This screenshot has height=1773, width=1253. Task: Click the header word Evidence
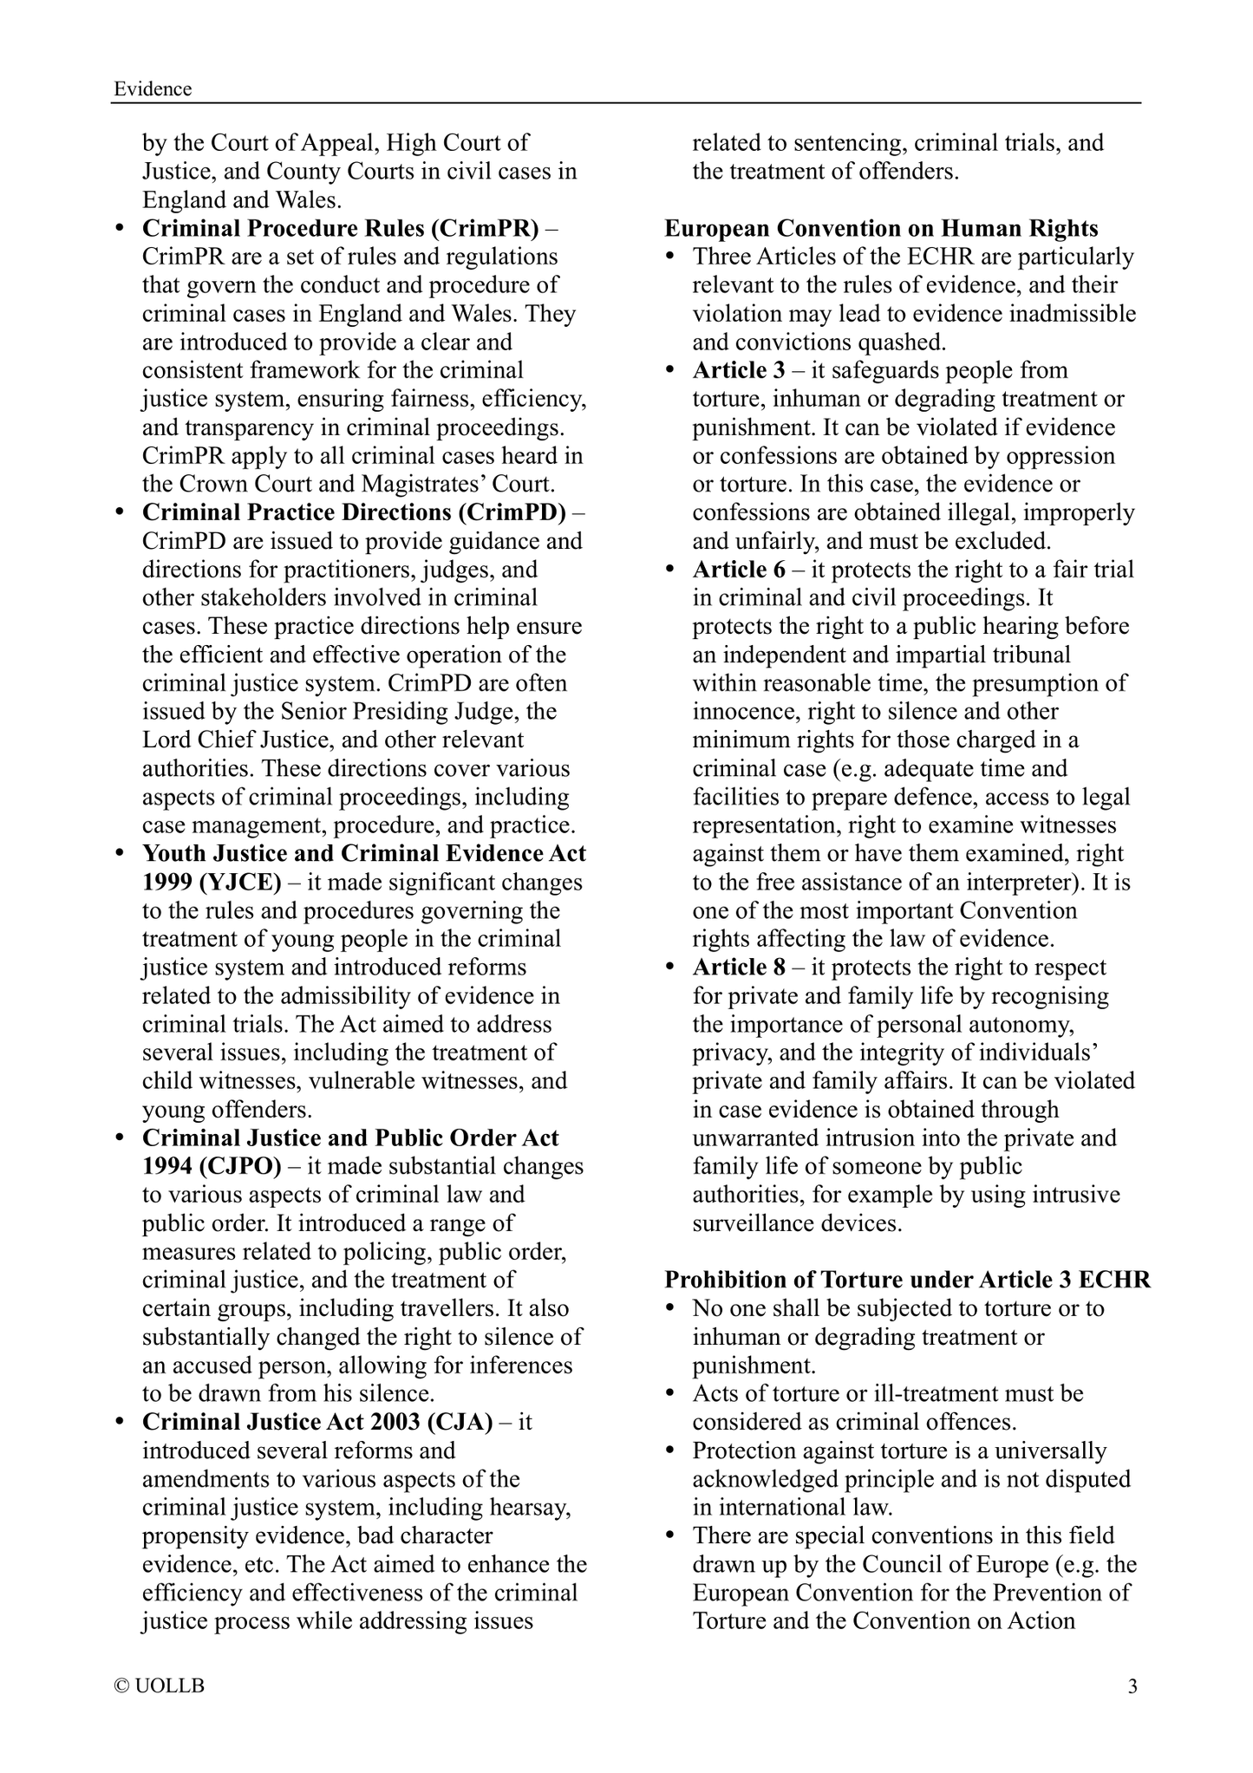pyautogui.click(x=153, y=88)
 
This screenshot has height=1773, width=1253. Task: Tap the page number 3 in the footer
pyautogui.click(x=1132, y=1686)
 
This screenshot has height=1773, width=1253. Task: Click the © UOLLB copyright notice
pyautogui.click(x=160, y=1686)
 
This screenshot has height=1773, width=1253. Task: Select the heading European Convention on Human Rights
pyautogui.click(x=881, y=228)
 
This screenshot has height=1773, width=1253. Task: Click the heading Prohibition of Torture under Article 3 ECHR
pyautogui.click(x=907, y=1280)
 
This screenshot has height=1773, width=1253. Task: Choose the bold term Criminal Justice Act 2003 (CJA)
pyautogui.click(x=317, y=1422)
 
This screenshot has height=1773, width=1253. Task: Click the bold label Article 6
pyautogui.click(x=738, y=570)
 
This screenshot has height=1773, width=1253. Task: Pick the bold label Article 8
pyautogui.click(x=738, y=968)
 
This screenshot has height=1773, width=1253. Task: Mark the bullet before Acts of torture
pyautogui.click(x=670, y=1394)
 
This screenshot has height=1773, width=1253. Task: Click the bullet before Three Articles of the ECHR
pyautogui.click(x=670, y=257)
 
